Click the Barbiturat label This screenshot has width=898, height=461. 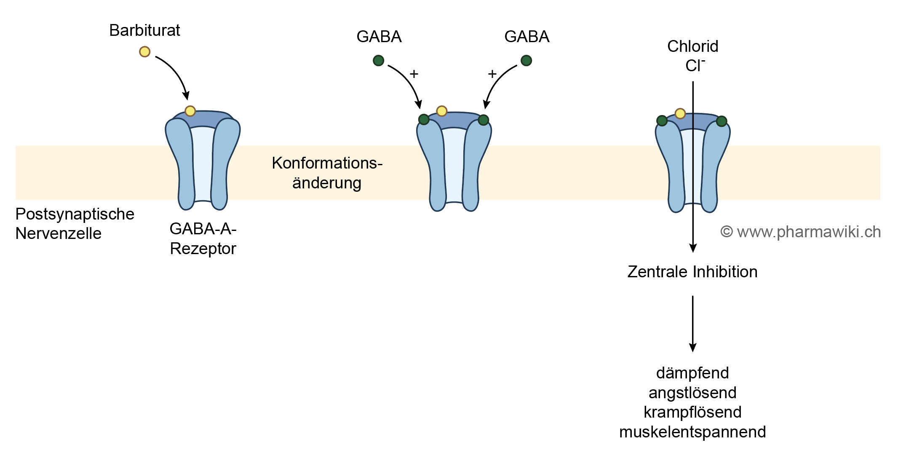tap(144, 30)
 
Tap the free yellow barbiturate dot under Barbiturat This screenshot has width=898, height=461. tap(144, 52)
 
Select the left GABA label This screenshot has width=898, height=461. tap(379, 37)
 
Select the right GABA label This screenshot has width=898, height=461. tap(527, 37)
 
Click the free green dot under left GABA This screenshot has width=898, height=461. tap(378, 61)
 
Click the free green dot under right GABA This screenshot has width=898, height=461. tap(526, 61)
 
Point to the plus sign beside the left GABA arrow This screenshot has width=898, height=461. tap(414, 74)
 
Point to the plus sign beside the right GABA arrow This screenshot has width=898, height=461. tap(492, 74)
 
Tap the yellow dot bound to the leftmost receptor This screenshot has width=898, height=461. tap(190, 111)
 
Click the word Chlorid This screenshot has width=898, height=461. tap(692, 46)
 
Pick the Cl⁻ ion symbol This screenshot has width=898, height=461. tap(695, 65)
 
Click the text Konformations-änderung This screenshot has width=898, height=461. tap(327, 173)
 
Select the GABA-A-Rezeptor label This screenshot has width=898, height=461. tap(203, 239)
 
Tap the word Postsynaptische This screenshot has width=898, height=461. tap(75, 214)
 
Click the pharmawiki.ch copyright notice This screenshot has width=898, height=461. tap(800, 232)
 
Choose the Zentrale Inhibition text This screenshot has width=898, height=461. tap(692, 272)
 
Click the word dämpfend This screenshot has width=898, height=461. tap(692, 373)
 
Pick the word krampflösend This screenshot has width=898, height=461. tap(692, 412)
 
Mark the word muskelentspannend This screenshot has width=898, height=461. tap(692, 432)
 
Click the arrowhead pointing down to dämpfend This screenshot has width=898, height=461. tap(692, 347)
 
